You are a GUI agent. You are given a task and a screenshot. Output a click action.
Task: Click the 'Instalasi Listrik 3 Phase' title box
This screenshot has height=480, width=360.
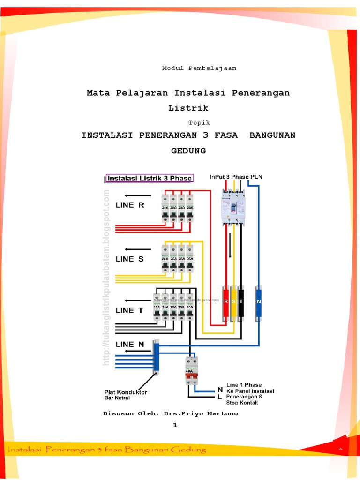[150, 178]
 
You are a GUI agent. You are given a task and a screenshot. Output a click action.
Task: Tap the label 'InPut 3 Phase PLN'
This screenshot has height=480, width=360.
[236, 177]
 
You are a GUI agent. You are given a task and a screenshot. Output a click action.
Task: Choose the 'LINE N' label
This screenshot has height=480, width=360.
[130, 344]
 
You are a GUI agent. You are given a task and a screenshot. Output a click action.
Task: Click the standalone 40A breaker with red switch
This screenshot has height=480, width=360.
[191, 370]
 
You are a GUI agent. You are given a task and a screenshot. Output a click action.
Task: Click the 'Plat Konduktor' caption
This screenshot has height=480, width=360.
[125, 392]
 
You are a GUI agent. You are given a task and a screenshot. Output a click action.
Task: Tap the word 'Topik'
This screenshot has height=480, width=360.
[199, 123]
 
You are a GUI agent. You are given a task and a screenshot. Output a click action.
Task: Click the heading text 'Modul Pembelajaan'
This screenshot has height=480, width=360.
[199, 68]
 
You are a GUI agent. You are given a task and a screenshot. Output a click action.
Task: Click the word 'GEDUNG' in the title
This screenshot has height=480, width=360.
[188, 151]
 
